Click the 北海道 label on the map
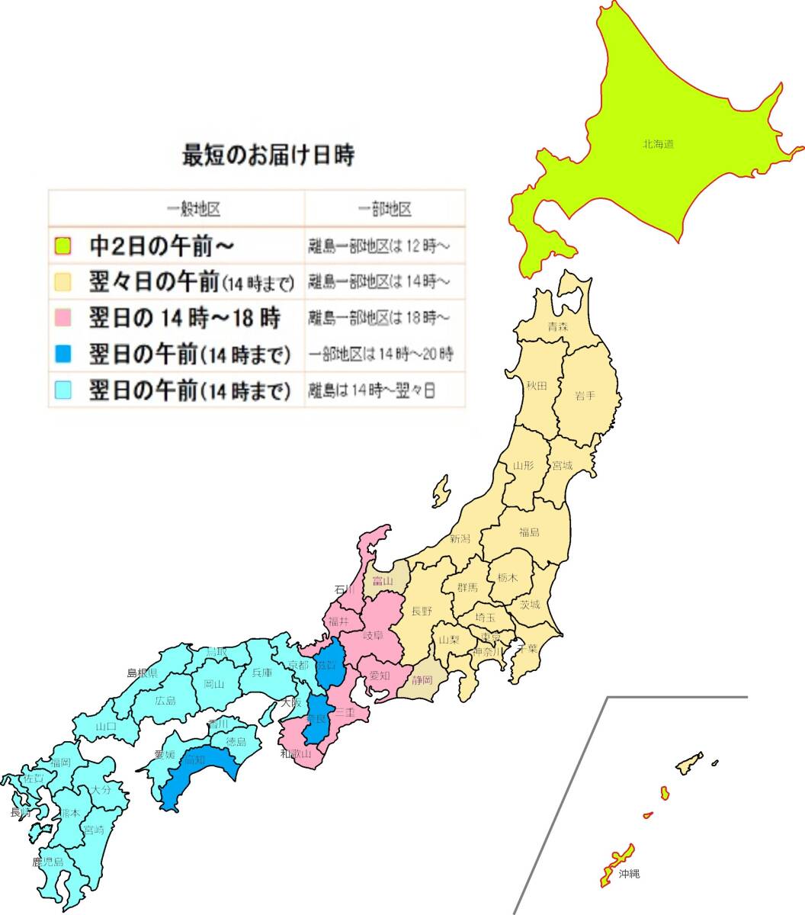coord(658,143)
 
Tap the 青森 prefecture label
coord(557,327)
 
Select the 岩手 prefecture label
coord(585,395)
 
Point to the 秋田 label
coord(537,387)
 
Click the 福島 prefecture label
coord(529,532)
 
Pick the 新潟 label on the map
coord(460,539)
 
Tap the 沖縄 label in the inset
coord(629,874)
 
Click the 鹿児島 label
coord(48,862)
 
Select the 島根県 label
coord(142,673)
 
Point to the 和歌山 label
coord(295,754)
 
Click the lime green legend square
coord(63,246)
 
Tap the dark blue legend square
coord(63,354)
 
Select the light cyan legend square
coord(63,390)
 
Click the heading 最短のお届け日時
coord(268,156)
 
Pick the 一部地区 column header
coord(385,209)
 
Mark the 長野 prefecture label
coord(422,611)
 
